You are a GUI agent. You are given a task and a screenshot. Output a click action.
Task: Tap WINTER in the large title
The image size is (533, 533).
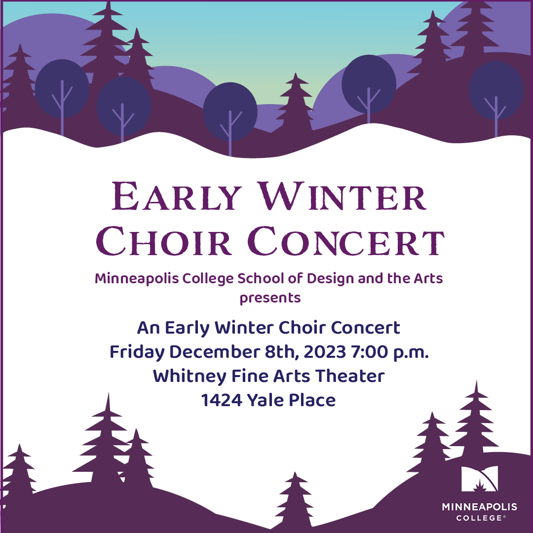click(342, 196)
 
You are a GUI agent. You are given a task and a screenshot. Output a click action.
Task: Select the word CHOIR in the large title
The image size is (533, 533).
click(164, 241)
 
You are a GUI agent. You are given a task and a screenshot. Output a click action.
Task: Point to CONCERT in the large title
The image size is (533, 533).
click(346, 241)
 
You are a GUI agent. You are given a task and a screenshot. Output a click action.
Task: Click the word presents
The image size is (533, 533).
click(270, 298)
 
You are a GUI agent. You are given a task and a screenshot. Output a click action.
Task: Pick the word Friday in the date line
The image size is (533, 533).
click(137, 352)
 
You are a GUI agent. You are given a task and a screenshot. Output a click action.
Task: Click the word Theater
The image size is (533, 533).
click(350, 376)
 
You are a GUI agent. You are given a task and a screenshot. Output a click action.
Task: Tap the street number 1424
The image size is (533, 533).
click(222, 400)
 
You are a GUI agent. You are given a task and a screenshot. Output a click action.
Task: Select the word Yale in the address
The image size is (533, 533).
click(266, 400)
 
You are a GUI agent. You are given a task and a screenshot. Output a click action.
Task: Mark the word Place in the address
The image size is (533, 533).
click(312, 400)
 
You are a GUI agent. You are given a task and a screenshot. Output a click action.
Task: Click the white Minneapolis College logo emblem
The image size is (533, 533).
click(479, 479)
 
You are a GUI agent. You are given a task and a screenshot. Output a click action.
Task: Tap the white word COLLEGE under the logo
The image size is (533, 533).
click(479, 518)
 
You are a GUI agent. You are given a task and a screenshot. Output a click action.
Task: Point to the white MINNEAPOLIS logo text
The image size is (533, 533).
click(479, 507)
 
